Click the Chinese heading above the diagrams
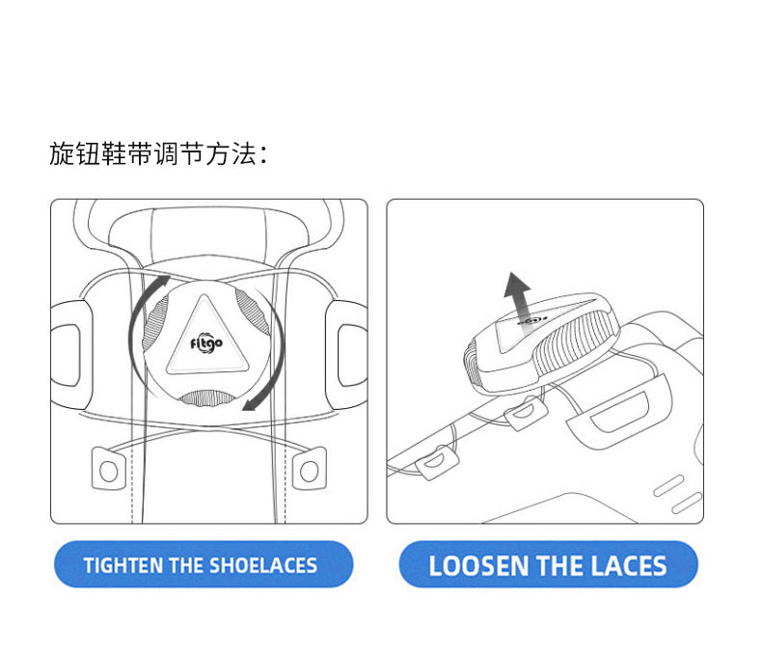pyautogui.click(x=158, y=154)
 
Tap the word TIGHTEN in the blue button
pyautogui.click(x=123, y=565)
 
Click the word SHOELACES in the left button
pyautogui.click(x=263, y=565)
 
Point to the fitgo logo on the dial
pyautogui.click(x=206, y=344)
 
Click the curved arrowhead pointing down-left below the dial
pyautogui.click(x=251, y=403)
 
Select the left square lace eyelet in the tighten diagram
pyautogui.click(x=109, y=468)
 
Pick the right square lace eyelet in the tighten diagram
pyautogui.click(x=309, y=468)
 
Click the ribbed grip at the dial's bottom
pyautogui.click(x=206, y=398)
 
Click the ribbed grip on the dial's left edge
pyautogui.click(x=154, y=321)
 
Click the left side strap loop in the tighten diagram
pyautogui.click(x=71, y=354)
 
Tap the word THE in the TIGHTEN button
pyautogui.click(x=186, y=565)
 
